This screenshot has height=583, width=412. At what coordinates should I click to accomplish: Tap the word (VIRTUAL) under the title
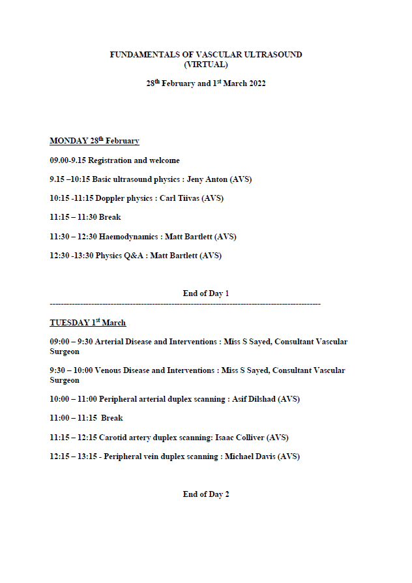[206, 65]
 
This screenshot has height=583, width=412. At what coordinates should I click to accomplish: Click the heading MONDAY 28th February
[94, 141]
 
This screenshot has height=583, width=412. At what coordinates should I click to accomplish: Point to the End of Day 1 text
[206, 293]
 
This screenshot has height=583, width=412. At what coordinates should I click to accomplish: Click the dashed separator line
[185, 305]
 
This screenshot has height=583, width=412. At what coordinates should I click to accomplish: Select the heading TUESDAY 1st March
[87, 323]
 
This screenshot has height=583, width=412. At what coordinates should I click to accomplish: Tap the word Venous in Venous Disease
[109, 370]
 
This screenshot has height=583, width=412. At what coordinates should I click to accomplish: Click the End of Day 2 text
[206, 494]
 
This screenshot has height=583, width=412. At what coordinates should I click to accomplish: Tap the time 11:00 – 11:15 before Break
[72, 418]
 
